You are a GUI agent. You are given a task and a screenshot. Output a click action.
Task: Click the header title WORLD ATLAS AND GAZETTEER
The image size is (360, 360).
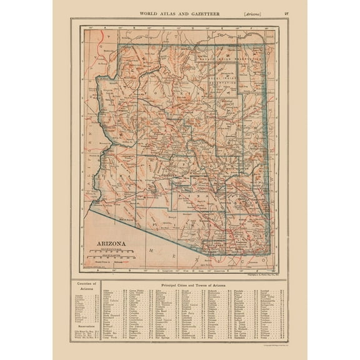tap(179, 12)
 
